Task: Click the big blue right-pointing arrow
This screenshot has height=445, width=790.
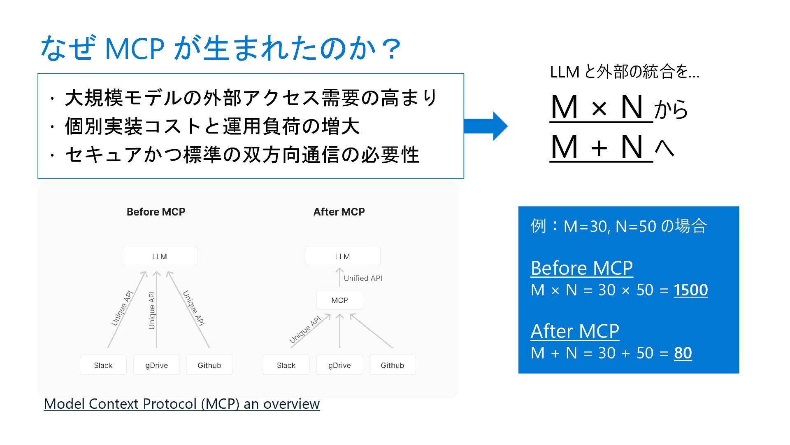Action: point(486,126)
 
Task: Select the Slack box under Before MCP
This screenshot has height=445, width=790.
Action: point(103,365)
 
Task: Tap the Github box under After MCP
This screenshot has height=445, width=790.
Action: point(392,365)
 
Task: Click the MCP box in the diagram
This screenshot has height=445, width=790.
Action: point(339,300)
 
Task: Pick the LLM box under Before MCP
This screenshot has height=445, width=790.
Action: point(160,256)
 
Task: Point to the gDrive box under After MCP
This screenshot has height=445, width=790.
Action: point(339,365)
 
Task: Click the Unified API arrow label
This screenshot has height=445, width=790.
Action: point(362,278)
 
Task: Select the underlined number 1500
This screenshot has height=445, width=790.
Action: point(690,290)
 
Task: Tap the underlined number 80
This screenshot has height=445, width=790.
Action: point(683,353)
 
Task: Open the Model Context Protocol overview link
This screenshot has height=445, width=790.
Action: point(181,404)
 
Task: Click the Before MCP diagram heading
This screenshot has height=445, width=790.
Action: point(156,212)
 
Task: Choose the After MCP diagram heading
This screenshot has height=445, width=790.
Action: point(339,212)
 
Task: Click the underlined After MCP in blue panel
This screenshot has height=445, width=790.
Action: point(575,331)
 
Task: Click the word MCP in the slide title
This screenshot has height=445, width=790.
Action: point(135,49)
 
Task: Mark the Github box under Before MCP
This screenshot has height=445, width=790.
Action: point(209,365)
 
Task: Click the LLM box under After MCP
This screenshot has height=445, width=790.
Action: point(342,256)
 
